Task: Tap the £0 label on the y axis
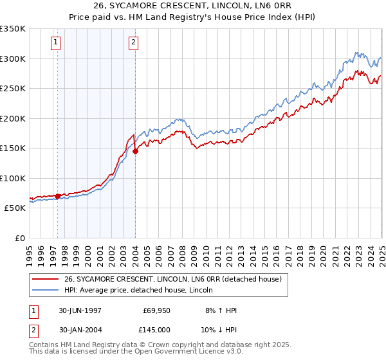pos(19,238)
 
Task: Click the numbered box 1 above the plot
pos(56,43)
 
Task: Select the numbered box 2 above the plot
pos(133,43)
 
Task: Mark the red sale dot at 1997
pos(58,196)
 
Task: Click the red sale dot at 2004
pos(136,152)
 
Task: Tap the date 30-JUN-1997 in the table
pos(80,310)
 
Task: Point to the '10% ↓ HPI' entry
pos(219,330)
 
